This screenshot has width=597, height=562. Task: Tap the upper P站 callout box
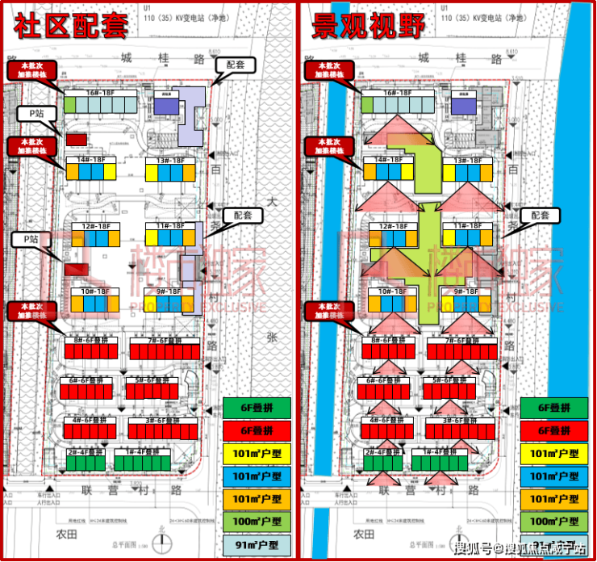click(36, 113)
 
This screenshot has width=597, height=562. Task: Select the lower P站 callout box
click(32, 240)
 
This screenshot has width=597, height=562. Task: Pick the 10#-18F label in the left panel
click(94, 291)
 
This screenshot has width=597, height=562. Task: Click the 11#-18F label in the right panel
click(465, 227)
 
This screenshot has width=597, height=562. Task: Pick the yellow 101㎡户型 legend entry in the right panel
click(553, 454)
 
